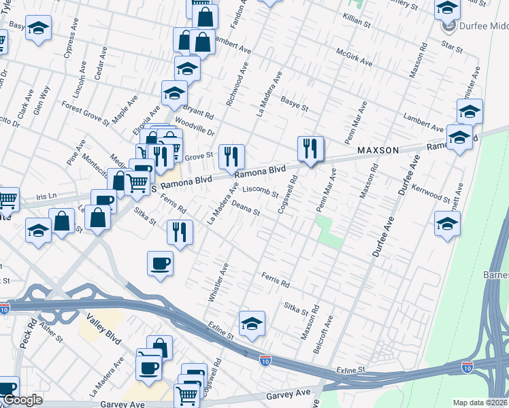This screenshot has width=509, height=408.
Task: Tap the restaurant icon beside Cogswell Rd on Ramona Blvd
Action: click(x=310, y=148)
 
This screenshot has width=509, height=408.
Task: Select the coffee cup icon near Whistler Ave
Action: click(x=161, y=263)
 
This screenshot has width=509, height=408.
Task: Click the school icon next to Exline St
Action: click(x=251, y=323)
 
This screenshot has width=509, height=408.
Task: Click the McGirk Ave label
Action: click(x=355, y=57)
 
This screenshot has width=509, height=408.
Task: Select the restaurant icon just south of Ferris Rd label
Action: click(x=180, y=232)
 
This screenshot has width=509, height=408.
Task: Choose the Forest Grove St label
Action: click(x=85, y=114)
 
